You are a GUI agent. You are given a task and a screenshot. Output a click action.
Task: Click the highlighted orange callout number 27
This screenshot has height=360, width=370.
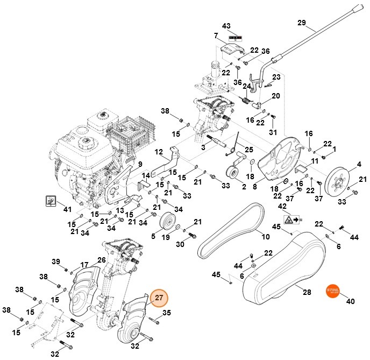tap(159, 298)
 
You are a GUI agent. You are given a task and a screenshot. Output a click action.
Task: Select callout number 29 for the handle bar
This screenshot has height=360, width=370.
tap(301, 22)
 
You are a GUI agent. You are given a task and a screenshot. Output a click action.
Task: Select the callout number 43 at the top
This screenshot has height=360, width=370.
tap(226, 26)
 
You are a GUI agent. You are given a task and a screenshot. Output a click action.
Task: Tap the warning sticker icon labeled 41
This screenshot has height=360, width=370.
tap(50, 201)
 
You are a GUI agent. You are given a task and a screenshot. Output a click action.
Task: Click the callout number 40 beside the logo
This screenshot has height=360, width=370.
tap(351, 301)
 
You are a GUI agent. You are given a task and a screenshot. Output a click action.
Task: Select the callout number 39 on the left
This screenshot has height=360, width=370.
tap(56, 262)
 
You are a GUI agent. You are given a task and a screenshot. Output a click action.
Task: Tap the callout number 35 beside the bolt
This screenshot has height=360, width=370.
tap(167, 313)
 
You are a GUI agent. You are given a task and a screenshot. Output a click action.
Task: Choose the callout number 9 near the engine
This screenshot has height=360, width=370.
tap(139, 164)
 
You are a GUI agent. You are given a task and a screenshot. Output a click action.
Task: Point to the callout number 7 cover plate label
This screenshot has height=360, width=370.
tap(215, 36)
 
